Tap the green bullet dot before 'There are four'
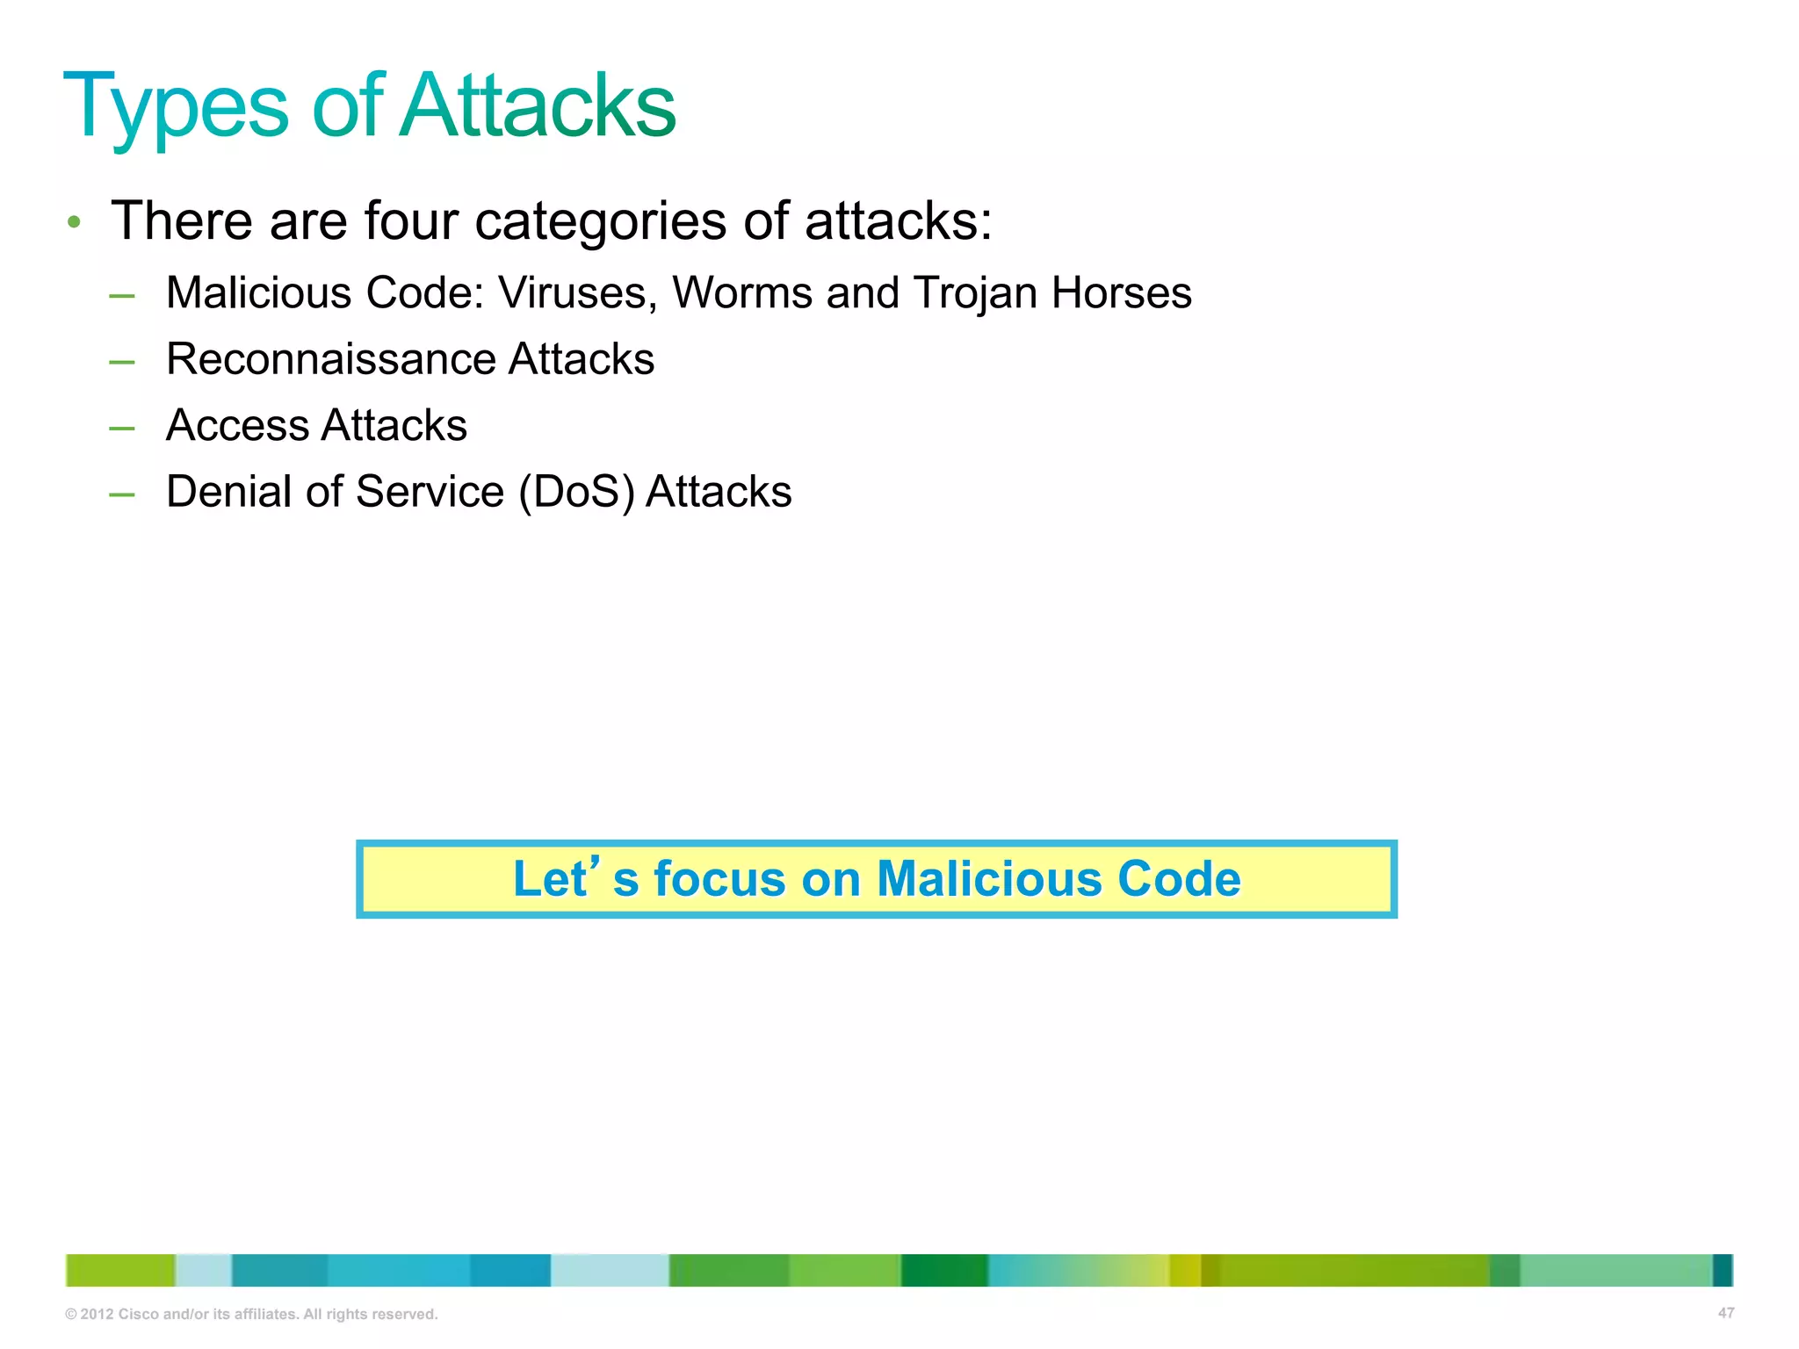click(x=75, y=222)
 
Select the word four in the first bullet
click(x=411, y=220)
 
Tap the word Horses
click(x=1122, y=293)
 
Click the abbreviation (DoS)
click(x=576, y=493)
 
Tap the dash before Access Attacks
click(x=122, y=429)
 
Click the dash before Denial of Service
click(x=122, y=495)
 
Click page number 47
click(x=1725, y=1313)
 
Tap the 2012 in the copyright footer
click(x=97, y=1315)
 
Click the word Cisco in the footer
click(x=139, y=1315)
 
